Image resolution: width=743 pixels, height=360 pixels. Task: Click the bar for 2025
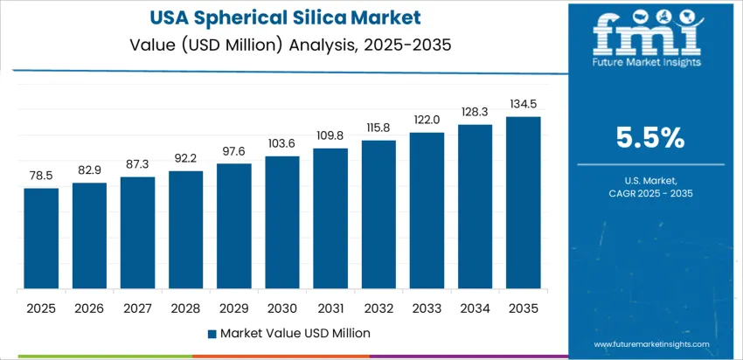[41, 238]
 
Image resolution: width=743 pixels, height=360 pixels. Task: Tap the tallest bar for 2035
[523, 203]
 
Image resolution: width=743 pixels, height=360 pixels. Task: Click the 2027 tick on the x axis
[137, 308]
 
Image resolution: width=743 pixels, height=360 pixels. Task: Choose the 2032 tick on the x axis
[378, 308]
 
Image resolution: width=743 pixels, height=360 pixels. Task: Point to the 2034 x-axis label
[475, 308]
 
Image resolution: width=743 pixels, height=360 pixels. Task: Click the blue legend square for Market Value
[212, 333]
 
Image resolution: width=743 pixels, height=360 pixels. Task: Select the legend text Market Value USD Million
[295, 333]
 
